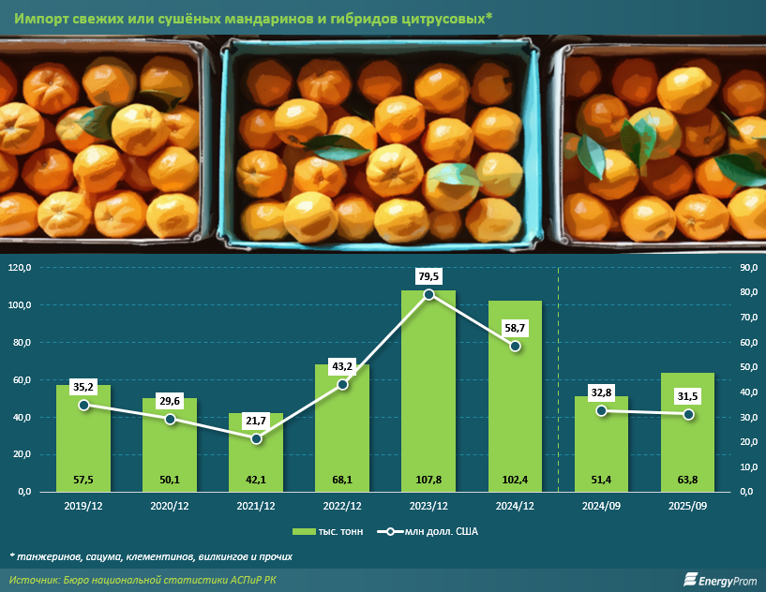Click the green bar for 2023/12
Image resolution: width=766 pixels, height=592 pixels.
coord(428,393)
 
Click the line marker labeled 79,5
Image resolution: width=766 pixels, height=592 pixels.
coord(428,294)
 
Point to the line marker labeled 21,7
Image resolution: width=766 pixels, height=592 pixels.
coord(256,437)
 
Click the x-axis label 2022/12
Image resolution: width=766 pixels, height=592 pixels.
coord(342,506)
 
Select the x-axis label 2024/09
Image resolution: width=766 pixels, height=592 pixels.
coord(601,506)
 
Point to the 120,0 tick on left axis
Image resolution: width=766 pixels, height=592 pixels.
coord(20,268)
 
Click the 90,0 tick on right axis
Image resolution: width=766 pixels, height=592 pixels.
coord(742,268)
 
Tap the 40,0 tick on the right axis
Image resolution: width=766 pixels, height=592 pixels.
coord(742,392)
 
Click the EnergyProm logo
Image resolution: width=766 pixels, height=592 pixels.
coord(719,581)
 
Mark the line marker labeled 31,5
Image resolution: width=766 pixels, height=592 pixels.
coord(687,414)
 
